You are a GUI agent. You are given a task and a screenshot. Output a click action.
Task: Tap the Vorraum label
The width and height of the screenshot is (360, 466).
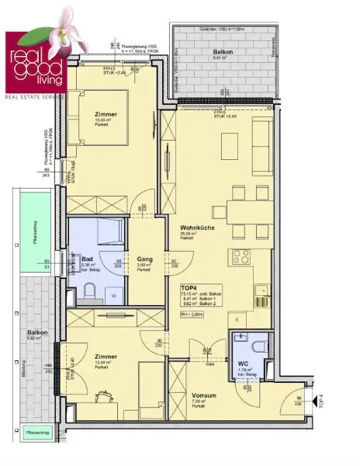pos(203,395)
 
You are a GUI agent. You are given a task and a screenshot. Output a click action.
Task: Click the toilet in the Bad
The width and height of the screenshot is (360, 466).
pos(91,292)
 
